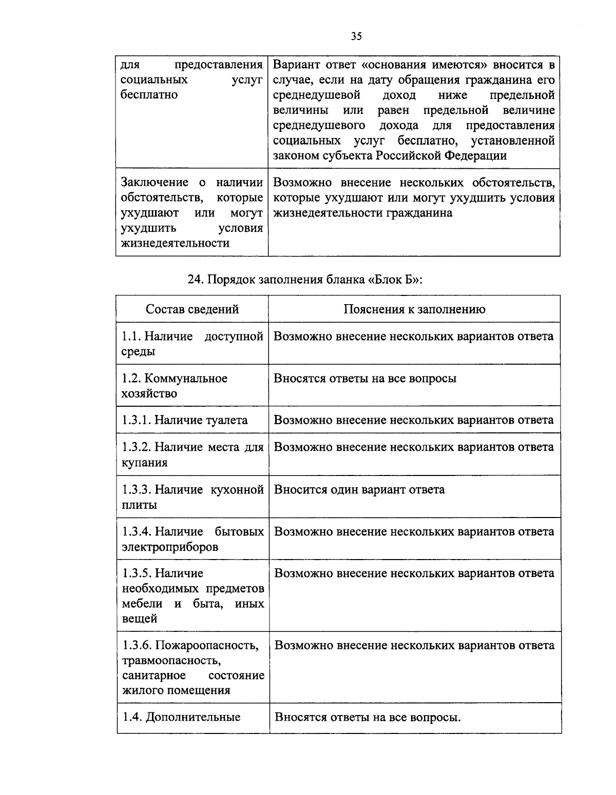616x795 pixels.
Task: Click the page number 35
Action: [x=356, y=36]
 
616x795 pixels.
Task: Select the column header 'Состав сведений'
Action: [x=192, y=309]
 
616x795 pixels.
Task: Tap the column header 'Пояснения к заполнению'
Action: [x=414, y=309]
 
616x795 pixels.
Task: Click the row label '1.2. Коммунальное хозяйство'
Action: [x=175, y=386]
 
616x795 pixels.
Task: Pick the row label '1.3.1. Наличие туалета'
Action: [x=185, y=420]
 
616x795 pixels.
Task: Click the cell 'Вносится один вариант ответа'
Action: [x=359, y=489]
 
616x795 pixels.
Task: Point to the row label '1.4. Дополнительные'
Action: [x=181, y=717]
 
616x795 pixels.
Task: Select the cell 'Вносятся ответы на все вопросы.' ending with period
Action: [x=368, y=717]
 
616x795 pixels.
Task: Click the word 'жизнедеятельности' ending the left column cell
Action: [x=175, y=243]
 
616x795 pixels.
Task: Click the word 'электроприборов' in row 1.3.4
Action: [x=170, y=547]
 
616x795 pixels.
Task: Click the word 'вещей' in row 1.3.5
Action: [x=139, y=619]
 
